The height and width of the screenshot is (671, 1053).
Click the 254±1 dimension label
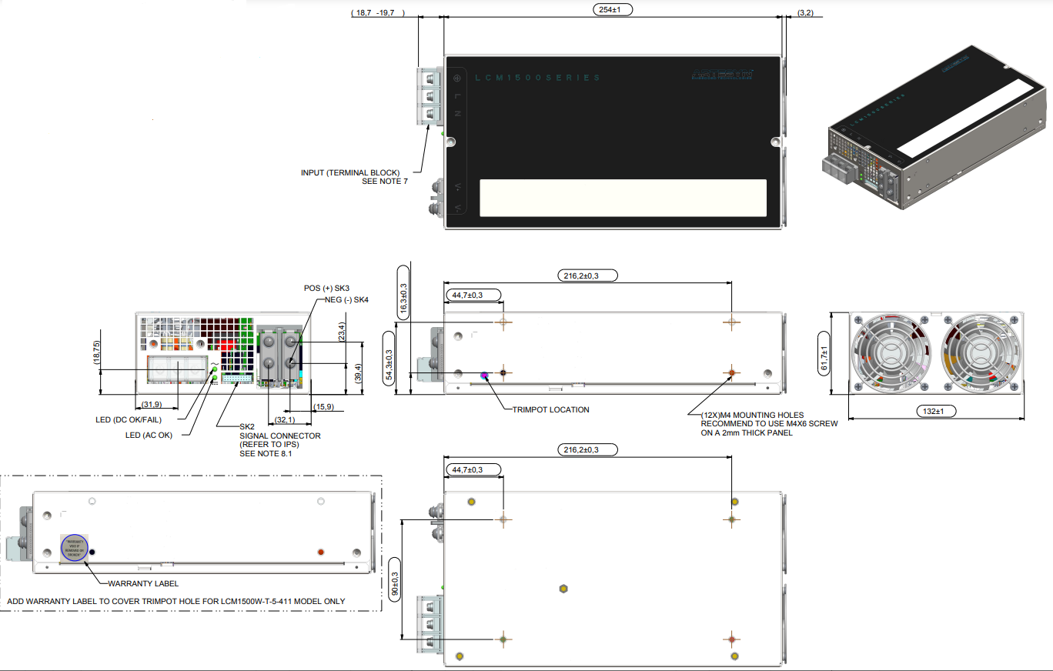coord(613,10)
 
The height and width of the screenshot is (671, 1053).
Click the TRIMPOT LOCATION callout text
coord(551,409)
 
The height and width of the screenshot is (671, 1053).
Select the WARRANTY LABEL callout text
coord(143,583)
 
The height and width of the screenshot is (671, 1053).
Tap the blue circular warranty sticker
coord(74,547)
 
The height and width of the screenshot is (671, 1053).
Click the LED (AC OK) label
coord(149,435)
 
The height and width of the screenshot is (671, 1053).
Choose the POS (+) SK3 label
coord(327,288)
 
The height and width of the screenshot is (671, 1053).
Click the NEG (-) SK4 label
coord(346,300)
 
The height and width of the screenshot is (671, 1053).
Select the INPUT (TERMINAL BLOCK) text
coord(354,172)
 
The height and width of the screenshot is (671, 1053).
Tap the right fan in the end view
coord(981,352)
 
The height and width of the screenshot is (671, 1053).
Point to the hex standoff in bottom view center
coord(563,589)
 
